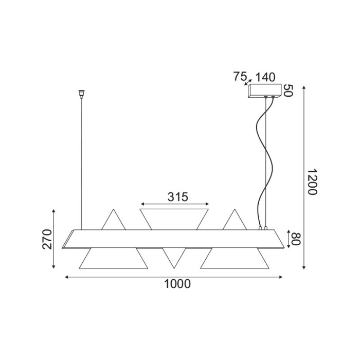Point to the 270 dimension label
(x=47, y=239)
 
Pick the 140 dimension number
(x=265, y=77)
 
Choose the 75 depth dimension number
(x=240, y=77)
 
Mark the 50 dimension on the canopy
(x=288, y=91)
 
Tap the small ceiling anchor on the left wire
(x=80, y=94)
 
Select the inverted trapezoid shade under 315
(x=175, y=218)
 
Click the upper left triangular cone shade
(x=114, y=220)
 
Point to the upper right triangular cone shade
(x=236, y=220)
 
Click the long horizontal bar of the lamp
(x=175, y=239)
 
